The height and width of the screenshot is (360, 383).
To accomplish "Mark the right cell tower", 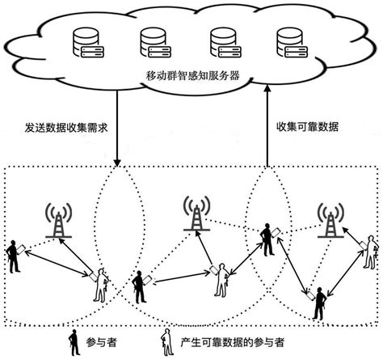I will click(328, 218).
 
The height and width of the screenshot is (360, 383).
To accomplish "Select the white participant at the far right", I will click(369, 252).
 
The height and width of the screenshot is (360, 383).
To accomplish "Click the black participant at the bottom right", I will click(321, 303).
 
